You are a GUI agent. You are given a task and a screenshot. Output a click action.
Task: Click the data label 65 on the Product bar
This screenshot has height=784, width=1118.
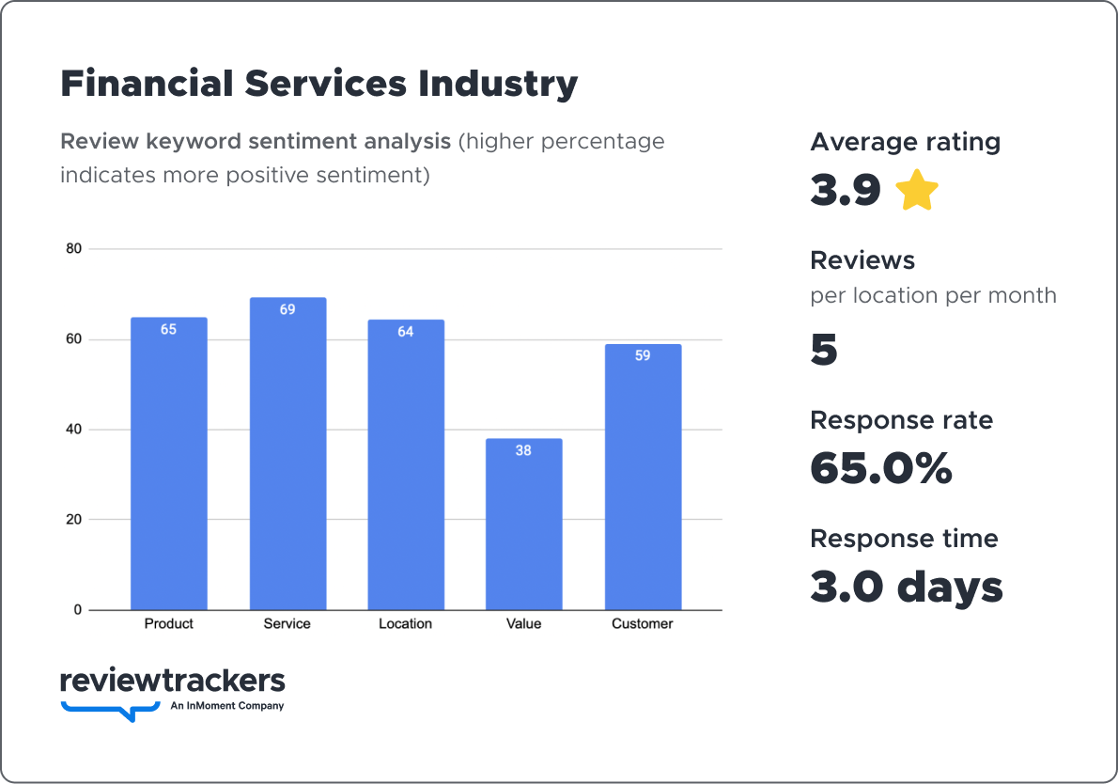168,330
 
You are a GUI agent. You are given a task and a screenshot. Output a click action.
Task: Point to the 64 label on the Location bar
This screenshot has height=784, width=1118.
405,332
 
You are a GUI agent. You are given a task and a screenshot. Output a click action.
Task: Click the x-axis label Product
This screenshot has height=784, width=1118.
169,623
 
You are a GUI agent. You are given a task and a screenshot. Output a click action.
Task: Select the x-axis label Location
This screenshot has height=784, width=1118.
405,623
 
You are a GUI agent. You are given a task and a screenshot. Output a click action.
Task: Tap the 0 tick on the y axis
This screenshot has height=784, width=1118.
78,610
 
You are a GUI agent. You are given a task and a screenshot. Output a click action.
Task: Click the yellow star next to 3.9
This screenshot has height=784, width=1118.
917,191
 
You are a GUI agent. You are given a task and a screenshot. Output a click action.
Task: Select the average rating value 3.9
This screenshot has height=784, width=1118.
846,191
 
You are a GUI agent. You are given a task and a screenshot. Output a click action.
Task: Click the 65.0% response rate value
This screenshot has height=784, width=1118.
880,468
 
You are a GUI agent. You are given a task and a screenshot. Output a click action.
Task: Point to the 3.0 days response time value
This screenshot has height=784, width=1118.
907,587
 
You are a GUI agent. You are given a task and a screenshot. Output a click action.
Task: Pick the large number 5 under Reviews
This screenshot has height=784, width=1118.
824,350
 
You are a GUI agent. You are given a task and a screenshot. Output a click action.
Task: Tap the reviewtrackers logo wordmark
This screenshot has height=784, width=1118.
172,681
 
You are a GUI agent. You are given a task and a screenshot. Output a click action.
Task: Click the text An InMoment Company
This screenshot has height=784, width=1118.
227,706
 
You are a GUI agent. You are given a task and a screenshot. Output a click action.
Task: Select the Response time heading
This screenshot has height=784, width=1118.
904,539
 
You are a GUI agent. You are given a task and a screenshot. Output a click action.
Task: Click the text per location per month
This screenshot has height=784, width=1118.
933,295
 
